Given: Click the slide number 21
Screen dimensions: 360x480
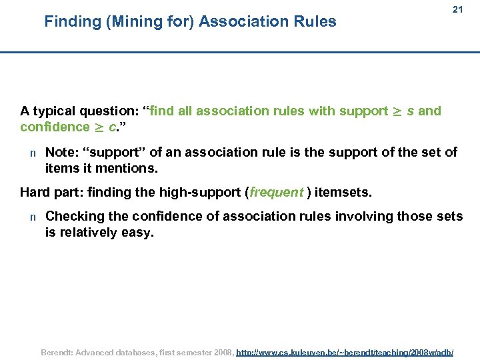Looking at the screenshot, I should point(457,10).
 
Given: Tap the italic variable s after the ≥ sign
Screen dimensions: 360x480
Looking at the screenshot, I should point(410,111).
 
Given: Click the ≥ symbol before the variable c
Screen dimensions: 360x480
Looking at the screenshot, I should point(99,127).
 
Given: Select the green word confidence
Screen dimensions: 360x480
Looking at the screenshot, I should point(55,127).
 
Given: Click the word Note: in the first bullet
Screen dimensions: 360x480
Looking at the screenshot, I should point(62,153).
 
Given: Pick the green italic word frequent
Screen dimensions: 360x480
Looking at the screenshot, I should point(276,193).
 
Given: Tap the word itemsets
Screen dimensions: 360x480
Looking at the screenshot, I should point(343,193).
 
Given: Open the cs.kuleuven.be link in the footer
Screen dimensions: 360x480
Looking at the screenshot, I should point(345,351).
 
